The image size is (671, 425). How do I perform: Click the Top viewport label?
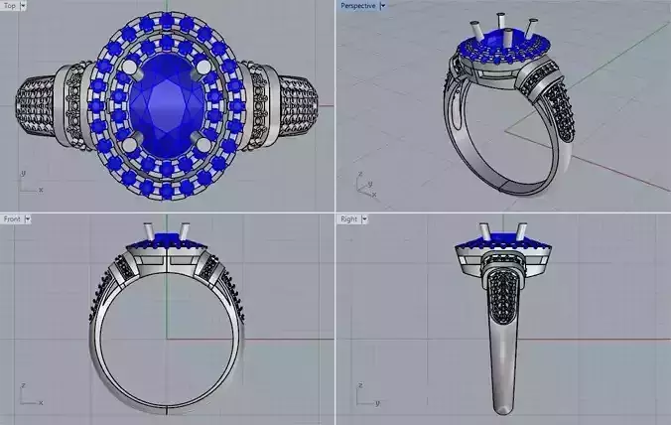click(x=10, y=6)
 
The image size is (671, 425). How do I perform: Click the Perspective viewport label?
click(x=357, y=6)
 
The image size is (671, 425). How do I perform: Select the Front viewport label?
click(x=11, y=218)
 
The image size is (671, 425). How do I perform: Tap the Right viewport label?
click(x=348, y=218)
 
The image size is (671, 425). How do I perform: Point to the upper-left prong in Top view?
click(x=126, y=67)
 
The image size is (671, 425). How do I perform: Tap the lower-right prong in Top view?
click(x=205, y=145)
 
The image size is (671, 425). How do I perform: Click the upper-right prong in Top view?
click(x=205, y=67)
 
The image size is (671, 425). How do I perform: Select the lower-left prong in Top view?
click(x=126, y=145)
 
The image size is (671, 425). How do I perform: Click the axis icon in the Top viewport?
click(x=27, y=182)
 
